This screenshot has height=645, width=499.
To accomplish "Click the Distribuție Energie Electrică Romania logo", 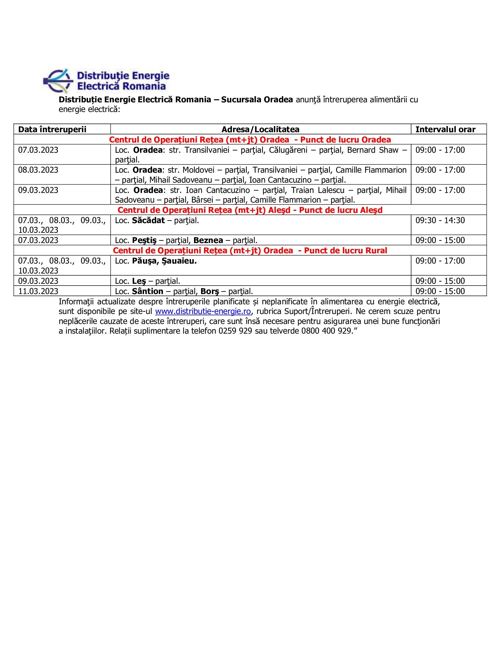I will coord(106,81).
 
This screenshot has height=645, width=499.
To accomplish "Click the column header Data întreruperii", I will coord(52,129).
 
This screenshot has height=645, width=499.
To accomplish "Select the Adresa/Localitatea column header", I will coord(260,129).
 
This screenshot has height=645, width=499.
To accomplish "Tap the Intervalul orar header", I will coord(445,129).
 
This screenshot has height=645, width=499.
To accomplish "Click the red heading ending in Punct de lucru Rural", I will coord(250,250).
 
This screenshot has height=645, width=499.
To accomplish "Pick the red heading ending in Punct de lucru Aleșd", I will coord(250,210).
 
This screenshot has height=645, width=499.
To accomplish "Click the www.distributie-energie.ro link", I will coord(203,311).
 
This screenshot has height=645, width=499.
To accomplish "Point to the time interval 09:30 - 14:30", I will coord(440,220).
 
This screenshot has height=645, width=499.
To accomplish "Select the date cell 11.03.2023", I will coord(38,291).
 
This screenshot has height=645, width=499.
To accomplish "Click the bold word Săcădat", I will coord(148,220).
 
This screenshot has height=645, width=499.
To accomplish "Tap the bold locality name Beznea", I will coord(208,240).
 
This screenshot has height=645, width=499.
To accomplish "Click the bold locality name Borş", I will coord(210,291).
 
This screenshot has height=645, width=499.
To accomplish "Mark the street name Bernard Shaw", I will coord(372,150).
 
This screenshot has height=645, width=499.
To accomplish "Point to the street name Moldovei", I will coord(198,170).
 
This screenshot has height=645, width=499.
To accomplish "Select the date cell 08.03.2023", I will coord(38,170).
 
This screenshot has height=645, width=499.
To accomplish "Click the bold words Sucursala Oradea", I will coord(257,99).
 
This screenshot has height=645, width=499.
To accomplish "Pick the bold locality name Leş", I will coord(139,281).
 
